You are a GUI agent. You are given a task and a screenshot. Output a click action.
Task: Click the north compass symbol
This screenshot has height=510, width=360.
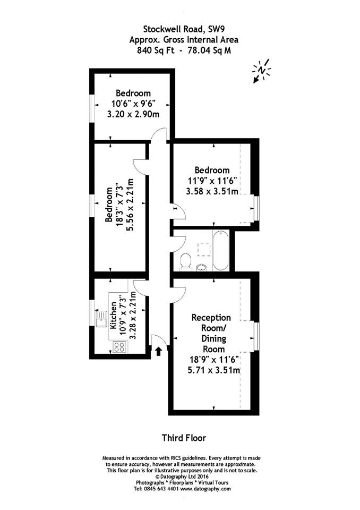[261, 71]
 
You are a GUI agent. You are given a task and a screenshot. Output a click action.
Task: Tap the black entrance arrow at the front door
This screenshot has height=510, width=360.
[158, 351]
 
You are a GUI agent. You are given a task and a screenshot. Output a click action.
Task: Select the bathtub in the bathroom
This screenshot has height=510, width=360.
[221, 251]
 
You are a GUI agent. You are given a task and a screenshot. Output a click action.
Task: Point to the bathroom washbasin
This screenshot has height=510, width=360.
[202, 267]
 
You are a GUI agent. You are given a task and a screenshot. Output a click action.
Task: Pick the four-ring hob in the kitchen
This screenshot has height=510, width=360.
[119, 347]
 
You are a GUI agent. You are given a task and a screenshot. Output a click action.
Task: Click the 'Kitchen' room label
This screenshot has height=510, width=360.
[114, 315]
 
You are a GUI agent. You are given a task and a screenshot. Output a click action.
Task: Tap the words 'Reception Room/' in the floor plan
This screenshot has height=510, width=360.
[211, 322]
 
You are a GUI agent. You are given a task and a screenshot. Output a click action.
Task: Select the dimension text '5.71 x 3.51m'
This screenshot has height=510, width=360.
[214, 370]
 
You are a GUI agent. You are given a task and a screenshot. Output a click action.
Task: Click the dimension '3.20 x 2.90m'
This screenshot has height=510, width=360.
[133, 115]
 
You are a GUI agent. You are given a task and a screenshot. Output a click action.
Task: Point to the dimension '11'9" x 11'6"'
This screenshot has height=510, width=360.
[212, 181]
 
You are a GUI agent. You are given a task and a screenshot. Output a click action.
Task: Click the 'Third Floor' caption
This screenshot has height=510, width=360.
[184, 438]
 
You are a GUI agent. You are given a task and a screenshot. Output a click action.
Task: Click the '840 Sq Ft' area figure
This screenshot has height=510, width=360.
[156, 50]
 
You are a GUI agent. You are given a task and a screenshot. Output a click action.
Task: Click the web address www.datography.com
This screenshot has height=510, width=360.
[205, 489]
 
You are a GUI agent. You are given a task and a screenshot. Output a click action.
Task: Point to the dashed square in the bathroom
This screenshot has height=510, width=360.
[204, 250]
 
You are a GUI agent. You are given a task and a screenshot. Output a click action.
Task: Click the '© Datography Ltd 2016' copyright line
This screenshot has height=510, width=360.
[182, 477]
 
